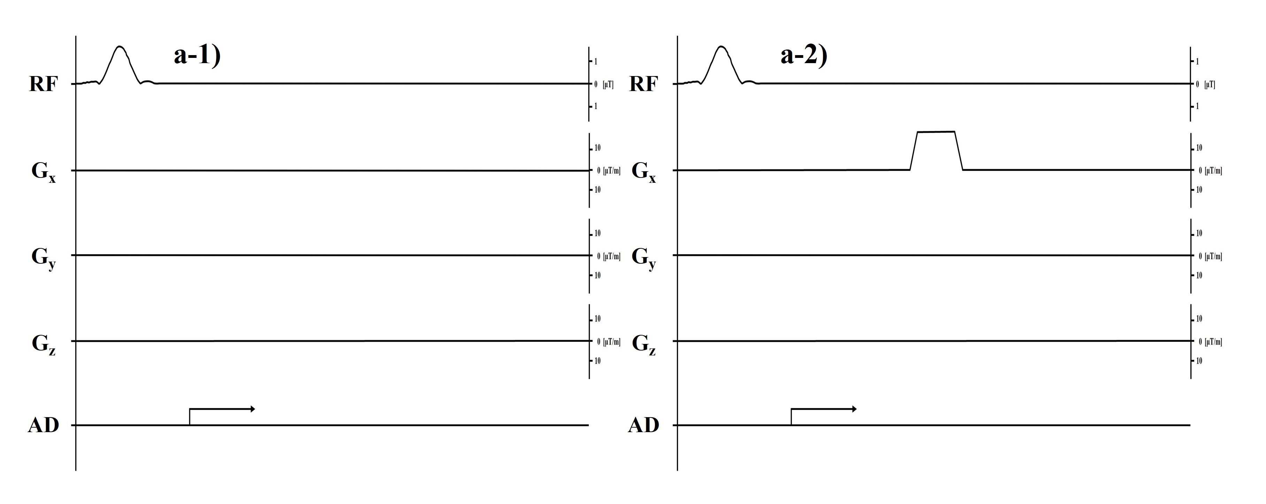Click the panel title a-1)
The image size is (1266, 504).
coord(197,55)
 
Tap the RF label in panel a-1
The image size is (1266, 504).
coord(43,84)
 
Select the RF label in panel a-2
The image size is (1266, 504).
coord(643,84)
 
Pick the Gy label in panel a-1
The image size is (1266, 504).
coord(43,258)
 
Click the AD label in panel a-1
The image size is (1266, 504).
coord(43,425)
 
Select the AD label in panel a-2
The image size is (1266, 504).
coord(643,425)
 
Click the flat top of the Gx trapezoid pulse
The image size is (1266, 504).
coord(936,132)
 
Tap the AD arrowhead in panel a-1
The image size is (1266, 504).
coord(253,409)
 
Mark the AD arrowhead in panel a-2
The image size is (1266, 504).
coord(854,409)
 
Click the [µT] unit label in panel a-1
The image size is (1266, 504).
coord(608,84)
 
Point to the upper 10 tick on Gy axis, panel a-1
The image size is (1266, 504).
coord(597,233)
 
